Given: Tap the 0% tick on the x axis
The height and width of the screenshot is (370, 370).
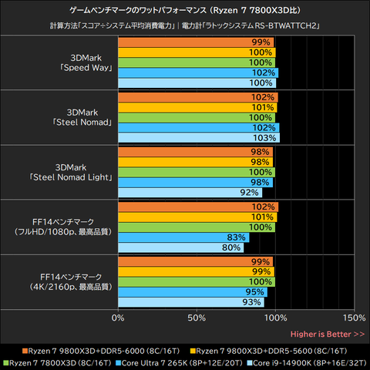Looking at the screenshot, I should [x=118, y=318].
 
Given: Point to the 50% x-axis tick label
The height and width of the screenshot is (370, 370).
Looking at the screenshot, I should [x=197, y=318].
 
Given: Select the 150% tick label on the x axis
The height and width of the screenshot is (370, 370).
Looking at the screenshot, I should [x=354, y=318].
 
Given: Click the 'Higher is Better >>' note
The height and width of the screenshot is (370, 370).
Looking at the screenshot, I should [x=328, y=334].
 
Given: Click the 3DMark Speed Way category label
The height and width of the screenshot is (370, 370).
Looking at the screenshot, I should [x=85, y=62].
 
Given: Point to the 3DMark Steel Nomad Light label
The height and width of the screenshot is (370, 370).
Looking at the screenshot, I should [x=85, y=172].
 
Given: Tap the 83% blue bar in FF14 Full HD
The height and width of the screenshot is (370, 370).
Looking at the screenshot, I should [x=183, y=237].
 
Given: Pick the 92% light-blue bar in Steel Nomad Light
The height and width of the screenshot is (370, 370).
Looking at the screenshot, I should [x=190, y=193].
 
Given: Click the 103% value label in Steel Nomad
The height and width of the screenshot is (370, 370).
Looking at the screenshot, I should [x=264, y=137].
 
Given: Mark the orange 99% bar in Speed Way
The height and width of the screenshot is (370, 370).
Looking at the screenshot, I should [x=196, y=42].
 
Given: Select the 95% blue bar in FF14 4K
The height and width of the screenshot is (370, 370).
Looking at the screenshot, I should [x=193, y=292].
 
